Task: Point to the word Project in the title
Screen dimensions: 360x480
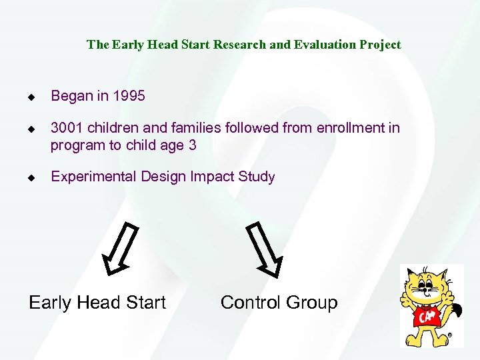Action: [380, 45]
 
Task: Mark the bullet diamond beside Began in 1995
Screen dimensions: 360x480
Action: [31, 97]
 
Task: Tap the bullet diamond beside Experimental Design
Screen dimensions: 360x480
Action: [31, 178]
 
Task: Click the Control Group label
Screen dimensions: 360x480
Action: [279, 303]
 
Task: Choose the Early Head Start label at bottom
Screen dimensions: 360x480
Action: [97, 303]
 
